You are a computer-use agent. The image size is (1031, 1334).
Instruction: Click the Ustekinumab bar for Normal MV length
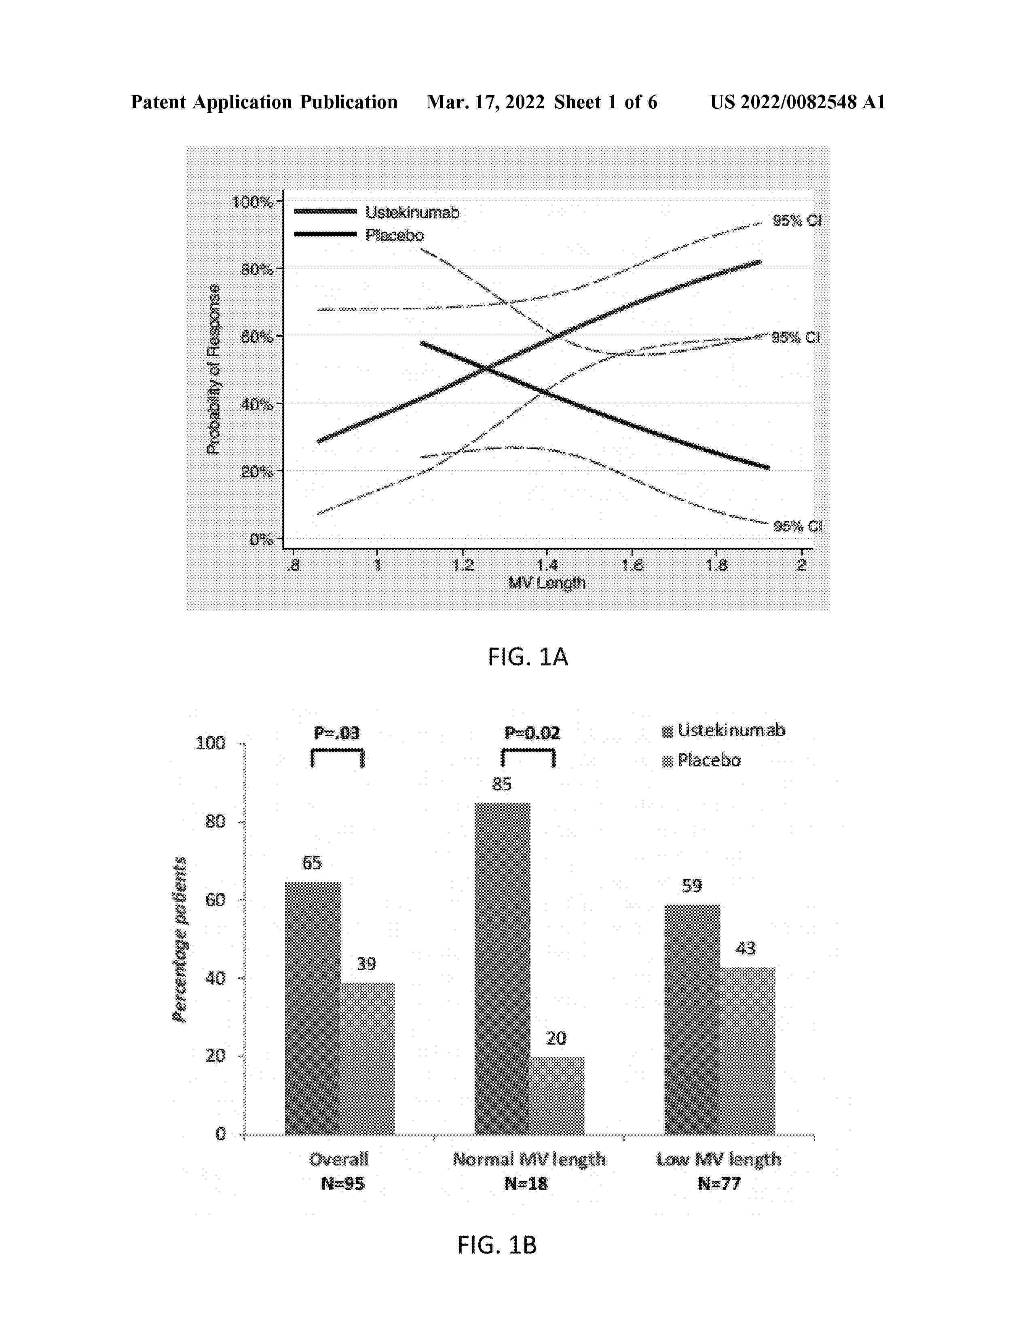pyautogui.click(x=502, y=968)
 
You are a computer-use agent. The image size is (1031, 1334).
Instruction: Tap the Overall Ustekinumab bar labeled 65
pyautogui.click(x=312, y=1008)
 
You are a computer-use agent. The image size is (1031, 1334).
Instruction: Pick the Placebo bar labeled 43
pyautogui.click(x=746, y=1051)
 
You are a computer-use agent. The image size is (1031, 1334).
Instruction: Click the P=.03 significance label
pyautogui.click(x=337, y=733)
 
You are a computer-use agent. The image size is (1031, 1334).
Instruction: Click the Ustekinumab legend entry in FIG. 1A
pyautogui.click(x=412, y=213)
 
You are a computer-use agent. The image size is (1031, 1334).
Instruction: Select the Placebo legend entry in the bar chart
pyautogui.click(x=708, y=760)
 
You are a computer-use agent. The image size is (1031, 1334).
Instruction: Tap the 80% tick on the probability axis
pyautogui.click(x=256, y=269)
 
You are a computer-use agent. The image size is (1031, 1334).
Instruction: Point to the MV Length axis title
pyautogui.click(x=547, y=583)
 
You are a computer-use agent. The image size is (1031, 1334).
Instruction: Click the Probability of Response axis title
pyautogui.click(x=213, y=369)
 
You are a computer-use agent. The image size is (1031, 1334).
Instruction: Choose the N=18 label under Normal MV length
pyautogui.click(x=526, y=1183)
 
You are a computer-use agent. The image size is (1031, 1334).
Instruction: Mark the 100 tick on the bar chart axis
pyautogui.click(x=211, y=743)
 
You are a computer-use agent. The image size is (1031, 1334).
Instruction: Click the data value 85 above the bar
pyautogui.click(x=501, y=784)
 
